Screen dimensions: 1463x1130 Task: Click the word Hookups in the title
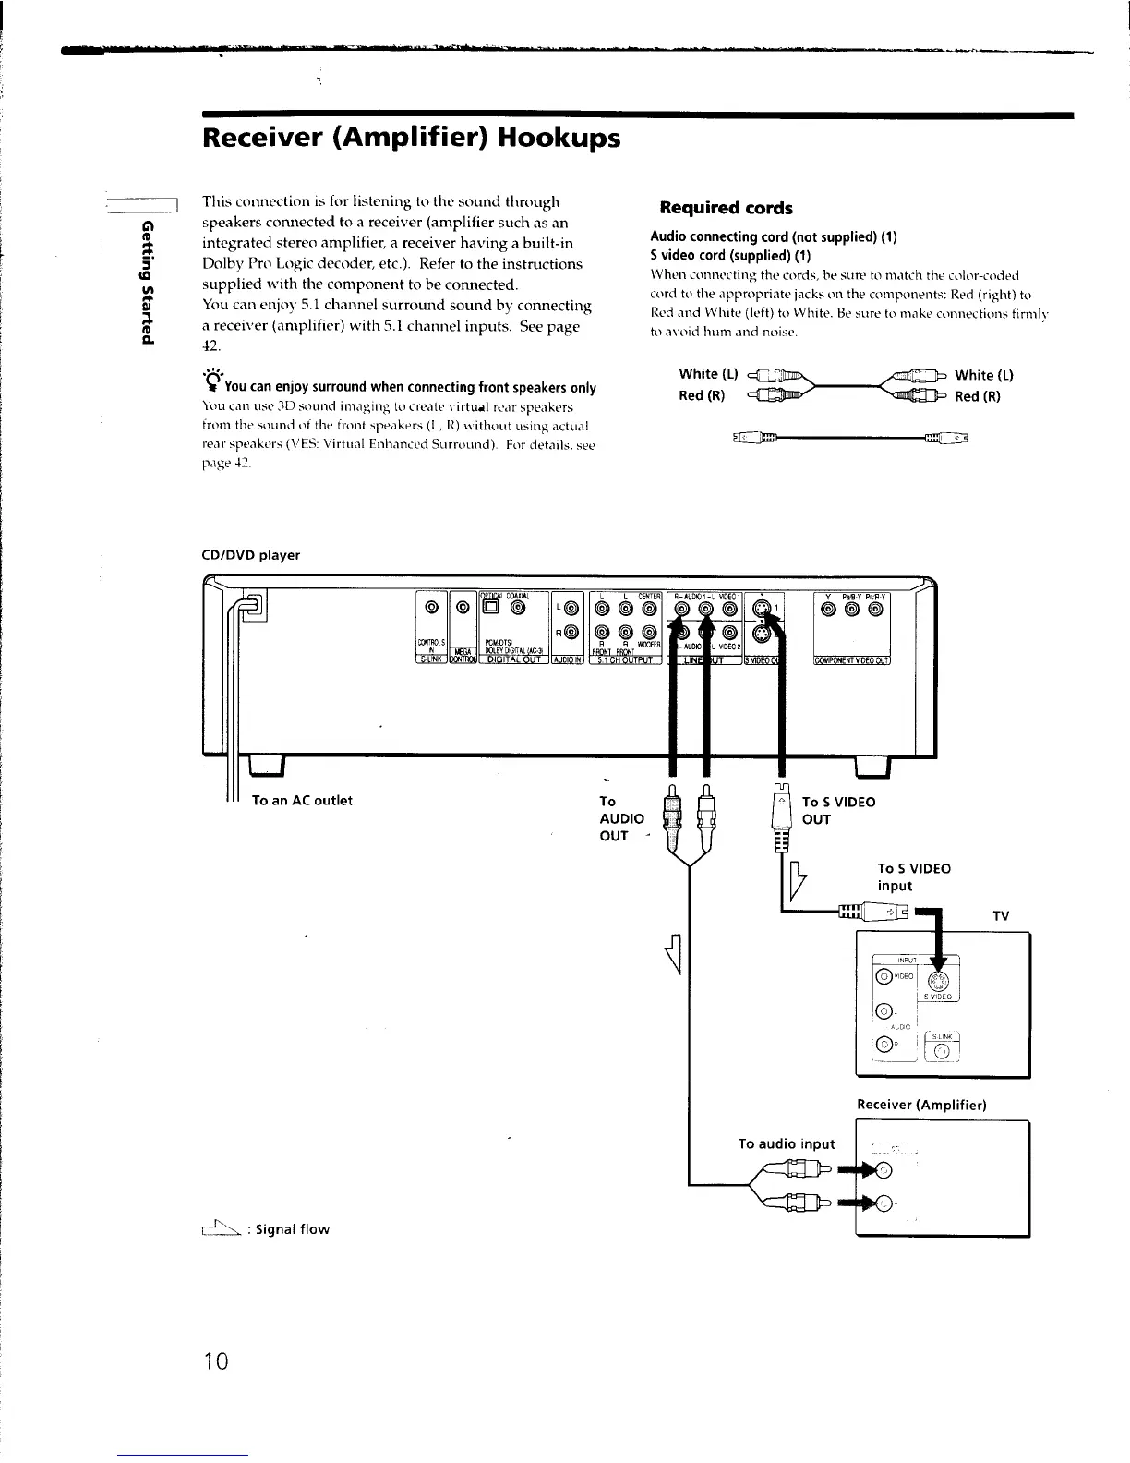coord(559,139)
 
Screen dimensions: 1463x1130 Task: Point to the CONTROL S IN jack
coord(430,609)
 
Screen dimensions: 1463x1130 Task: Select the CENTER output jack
coord(651,609)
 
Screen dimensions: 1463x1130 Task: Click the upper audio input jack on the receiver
coord(885,1170)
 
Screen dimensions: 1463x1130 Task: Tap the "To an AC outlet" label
coord(302,800)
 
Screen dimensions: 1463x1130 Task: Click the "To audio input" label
coord(787,1143)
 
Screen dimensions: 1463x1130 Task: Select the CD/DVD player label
coord(251,555)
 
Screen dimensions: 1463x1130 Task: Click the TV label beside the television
coord(1001,916)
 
